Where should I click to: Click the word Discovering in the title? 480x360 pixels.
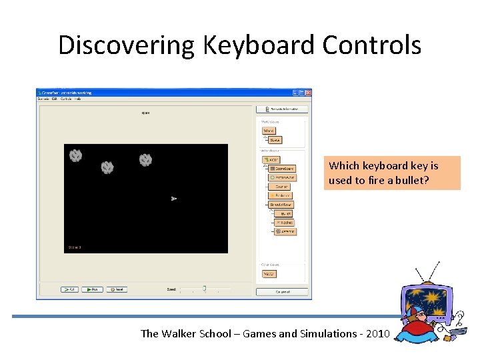[127, 45]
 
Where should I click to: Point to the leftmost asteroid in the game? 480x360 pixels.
[76, 155]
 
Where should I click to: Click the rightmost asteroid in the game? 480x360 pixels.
[145, 160]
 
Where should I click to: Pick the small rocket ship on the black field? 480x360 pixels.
[173, 199]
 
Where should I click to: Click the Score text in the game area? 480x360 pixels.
[74, 247]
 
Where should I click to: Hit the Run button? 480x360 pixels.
[92, 289]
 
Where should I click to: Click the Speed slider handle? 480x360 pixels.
[204, 289]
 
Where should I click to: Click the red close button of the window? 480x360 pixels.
[308, 93]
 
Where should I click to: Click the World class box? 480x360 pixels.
[269, 131]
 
